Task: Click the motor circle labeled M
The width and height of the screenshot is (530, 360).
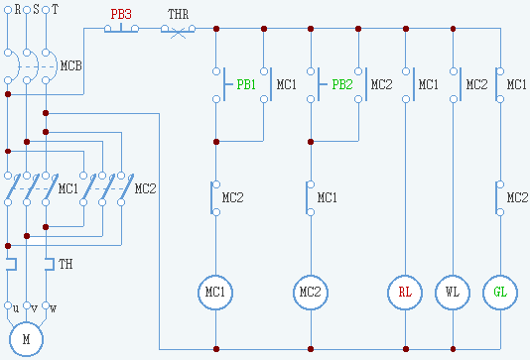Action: click(26, 339)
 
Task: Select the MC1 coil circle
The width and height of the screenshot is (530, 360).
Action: click(215, 293)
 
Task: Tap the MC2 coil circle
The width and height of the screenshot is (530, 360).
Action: click(311, 293)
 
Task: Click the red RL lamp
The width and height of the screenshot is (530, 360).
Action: click(405, 293)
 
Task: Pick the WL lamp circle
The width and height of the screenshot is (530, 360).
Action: click(453, 293)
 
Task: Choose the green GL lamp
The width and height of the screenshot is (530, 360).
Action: click(500, 293)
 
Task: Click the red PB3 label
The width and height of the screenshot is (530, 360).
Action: click(121, 14)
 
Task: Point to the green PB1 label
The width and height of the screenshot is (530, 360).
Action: click(246, 84)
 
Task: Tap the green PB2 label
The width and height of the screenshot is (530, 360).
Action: click(342, 84)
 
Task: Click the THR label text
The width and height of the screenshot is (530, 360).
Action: click(178, 14)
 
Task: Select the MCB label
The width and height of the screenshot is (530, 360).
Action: click(71, 65)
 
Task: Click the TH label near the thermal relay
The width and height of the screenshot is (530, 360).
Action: click(66, 264)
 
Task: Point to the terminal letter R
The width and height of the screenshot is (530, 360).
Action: click(18, 9)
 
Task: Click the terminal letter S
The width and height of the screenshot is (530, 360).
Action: click(36, 9)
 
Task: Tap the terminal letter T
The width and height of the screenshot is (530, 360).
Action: click(56, 9)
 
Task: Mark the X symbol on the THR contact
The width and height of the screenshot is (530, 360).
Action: click(178, 34)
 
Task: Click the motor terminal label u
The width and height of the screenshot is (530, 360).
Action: click(16, 308)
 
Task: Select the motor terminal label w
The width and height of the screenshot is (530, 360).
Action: click(53, 308)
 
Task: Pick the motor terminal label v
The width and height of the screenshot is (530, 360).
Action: click(34, 308)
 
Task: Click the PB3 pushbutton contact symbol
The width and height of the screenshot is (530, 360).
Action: click(121, 29)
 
